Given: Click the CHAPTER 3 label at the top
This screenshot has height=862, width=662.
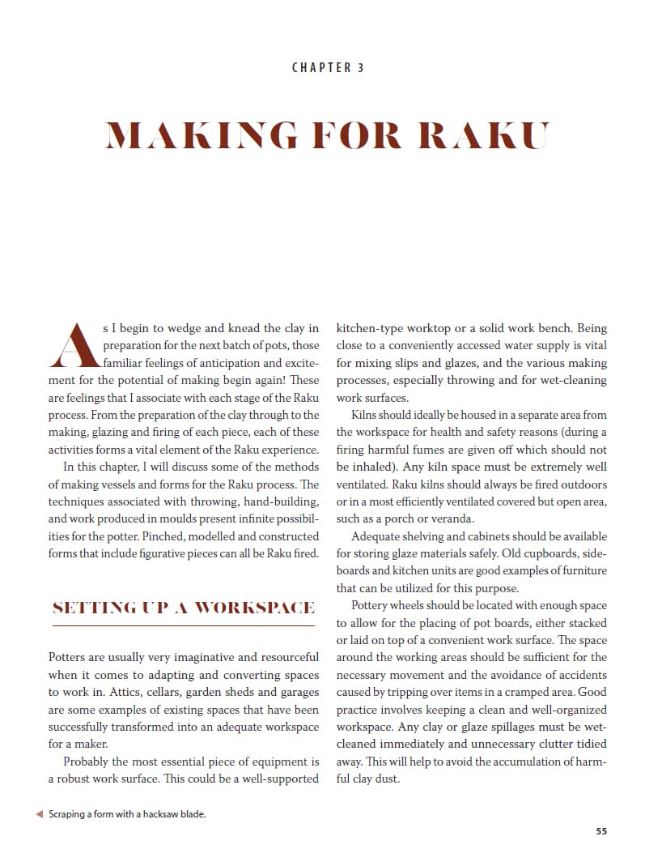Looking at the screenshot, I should (x=328, y=67).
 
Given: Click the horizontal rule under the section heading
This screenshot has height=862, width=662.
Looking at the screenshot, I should (x=183, y=625).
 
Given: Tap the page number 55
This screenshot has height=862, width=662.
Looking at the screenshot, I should (x=600, y=830).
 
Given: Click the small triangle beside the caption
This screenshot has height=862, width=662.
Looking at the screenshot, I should (x=40, y=814).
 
